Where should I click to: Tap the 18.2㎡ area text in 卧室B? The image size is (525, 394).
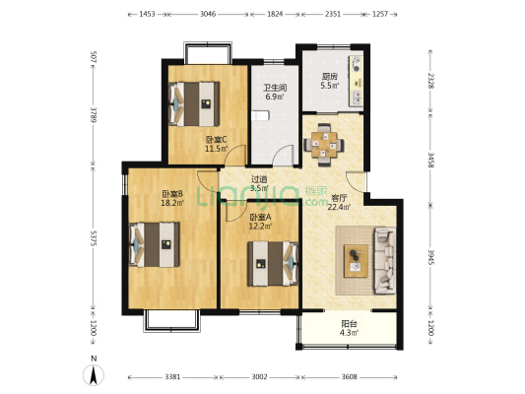pyautogui.click(x=172, y=203)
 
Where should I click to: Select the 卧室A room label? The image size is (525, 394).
pyautogui.click(x=260, y=217)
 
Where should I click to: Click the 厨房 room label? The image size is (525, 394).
pyautogui.click(x=330, y=76)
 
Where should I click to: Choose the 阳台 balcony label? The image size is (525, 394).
pyautogui.click(x=350, y=324)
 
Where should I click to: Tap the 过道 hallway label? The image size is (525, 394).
pyautogui.click(x=259, y=179)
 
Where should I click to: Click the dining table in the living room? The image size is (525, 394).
pyautogui.click(x=324, y=145)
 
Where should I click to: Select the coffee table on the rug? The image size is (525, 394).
pyautogui.click(x=356, y=261)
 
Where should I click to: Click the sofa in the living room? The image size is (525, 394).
pyautogui.click(x=384, y=260)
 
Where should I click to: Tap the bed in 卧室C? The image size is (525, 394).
pyautogui.click(x=194, y=104)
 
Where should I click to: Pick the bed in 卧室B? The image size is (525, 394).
pyautogui.click(x=155, y=244)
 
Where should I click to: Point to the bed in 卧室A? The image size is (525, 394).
pyautogui.click(x=273, y=264)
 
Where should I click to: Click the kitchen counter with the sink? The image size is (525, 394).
pyautogui.click(x=356, y=82)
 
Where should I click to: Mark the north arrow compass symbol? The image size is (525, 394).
pyautogui.click(x=94, y=375)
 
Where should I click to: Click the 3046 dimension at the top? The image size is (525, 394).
pyautogui.click(x=208, y=14)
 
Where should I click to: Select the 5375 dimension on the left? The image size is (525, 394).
pyautogui.click(x=94, y=238)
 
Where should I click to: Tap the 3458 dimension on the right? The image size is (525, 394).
pyautogui.click(x=431, y=160)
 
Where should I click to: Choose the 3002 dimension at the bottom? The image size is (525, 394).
pyautogui.click(x=259, y=377)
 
